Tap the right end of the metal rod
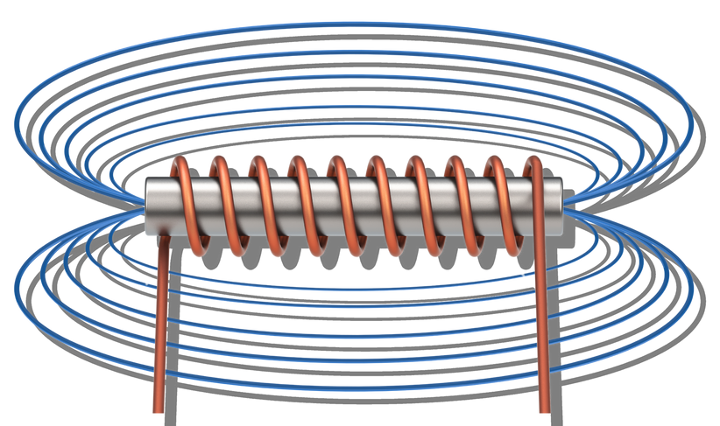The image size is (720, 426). tap(560, 206)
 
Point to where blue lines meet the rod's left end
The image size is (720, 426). tap(140, 207)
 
